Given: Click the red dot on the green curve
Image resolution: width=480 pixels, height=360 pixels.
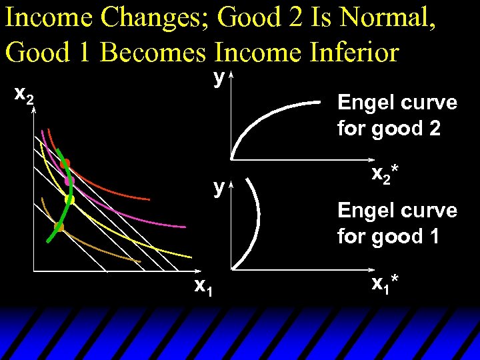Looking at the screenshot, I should [65, 163].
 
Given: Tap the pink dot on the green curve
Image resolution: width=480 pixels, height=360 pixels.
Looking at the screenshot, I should [68, 180].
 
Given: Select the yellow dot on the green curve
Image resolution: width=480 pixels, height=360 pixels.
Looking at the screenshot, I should [69, 199].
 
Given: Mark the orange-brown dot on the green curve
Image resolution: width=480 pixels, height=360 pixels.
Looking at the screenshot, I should [59, 227].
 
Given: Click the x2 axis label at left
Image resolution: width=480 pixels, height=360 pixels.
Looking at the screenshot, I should [25, 97].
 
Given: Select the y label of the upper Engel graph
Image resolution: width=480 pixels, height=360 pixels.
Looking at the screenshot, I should [218, 77].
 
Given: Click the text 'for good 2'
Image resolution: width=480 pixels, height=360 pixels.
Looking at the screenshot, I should [389, 128].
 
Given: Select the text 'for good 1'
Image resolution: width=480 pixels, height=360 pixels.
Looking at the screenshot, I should [389, 236].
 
